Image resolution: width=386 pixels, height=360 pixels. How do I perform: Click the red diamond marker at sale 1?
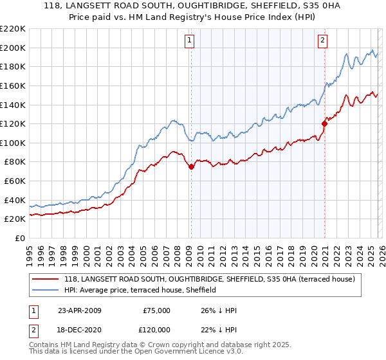[x=191, y=166]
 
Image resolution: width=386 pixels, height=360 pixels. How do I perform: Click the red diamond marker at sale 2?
[x=324, y=123]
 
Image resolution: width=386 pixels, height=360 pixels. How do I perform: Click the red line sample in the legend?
[x=46, y=279]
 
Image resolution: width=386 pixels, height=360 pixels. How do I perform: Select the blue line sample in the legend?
[x=46, y=290]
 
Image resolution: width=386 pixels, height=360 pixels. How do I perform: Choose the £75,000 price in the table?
[x=155, y=310]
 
